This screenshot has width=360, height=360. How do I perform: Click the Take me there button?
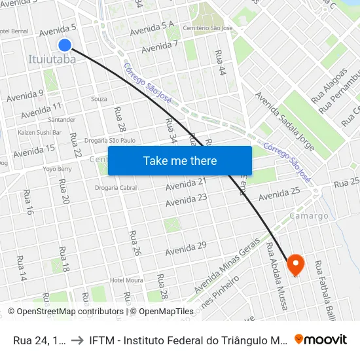coord(180,160)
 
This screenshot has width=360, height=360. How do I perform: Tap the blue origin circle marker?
coord(65,45)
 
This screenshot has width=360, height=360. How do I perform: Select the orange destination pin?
coord(296,264)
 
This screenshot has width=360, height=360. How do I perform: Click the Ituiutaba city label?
coord(52,60)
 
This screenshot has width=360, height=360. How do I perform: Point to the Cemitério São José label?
coord(208,29)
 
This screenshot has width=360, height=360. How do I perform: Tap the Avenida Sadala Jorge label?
coord(285,121)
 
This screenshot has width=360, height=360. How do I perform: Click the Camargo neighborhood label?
coord(309,216)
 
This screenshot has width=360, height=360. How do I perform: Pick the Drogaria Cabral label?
coord(116,188)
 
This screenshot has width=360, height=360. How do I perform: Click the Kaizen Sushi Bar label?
coord(39,132)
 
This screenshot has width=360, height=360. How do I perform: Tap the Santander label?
coord(62,120)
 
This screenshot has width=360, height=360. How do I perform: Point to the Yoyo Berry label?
coord(57,169)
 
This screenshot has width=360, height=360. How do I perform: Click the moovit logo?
coord(321,339)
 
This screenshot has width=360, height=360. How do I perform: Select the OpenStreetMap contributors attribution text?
coord(65,312)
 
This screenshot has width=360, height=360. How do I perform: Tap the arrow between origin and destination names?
coord(77,339)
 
